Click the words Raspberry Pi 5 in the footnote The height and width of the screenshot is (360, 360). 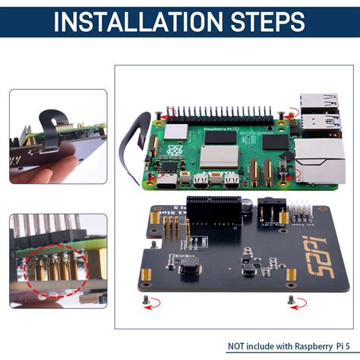click(x=313, y=346)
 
